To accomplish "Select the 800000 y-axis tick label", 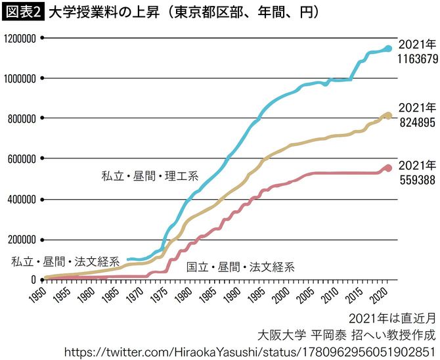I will tap(20, 119).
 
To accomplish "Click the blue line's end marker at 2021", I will tap(388, 49).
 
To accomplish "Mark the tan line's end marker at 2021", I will tap(388, 116).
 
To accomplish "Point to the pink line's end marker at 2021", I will tap(388, 168).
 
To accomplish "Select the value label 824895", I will tap(416, 121).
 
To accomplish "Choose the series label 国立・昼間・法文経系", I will tap(240, 267).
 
